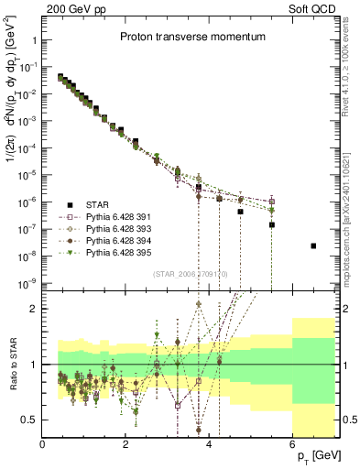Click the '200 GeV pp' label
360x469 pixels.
72,11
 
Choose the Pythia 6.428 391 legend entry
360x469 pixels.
115,216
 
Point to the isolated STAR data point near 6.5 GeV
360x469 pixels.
313,245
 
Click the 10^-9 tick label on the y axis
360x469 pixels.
27,282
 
